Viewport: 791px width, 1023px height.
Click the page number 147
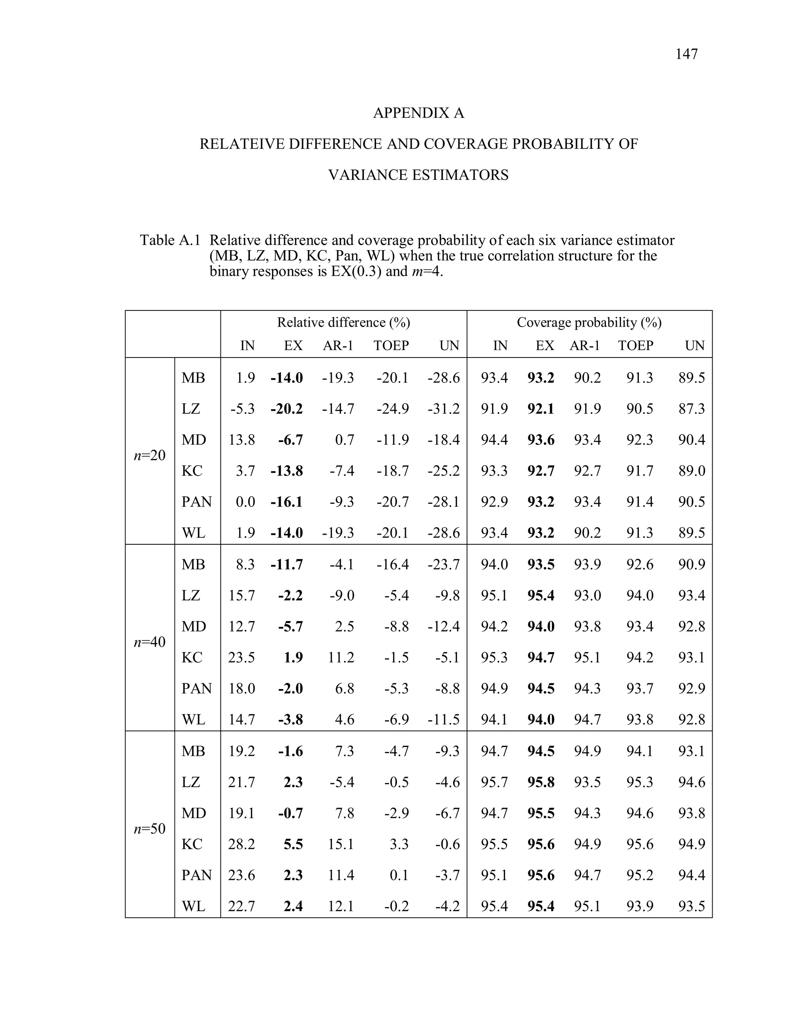pos(686,54)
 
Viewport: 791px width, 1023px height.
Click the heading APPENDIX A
pos(418,113)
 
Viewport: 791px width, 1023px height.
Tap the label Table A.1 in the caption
pos(170,240)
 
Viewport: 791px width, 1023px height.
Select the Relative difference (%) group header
pos(343,322)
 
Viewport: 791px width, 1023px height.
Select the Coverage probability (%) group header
pos(589,322)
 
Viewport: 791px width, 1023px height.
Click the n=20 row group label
pos(149,455)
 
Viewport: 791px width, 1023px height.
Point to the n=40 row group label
pos(149,642)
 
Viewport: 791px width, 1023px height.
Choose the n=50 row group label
pos(149,828)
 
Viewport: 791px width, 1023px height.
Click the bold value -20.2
pos(287,409)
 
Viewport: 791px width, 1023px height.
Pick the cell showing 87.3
pos(691,409)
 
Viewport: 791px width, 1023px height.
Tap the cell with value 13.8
pos(242,440)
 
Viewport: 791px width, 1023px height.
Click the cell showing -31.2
pos(443,409)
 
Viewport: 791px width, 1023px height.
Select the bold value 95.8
pos(541,782)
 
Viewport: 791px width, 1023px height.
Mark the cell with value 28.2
pos(242,844)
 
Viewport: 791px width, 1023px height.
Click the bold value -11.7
pos(287,564)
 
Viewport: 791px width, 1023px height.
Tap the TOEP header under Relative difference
pos(391,346)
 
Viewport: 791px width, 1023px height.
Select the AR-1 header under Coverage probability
pos(584,346)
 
